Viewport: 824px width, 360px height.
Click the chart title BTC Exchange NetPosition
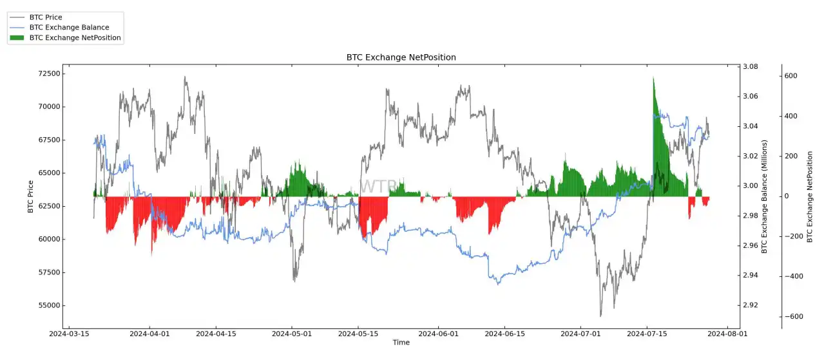click(401, 57)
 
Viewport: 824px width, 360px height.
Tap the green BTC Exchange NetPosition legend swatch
click(17, 38)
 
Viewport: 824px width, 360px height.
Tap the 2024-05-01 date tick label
click(292, 334)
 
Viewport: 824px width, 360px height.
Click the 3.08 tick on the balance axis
click(751, 67)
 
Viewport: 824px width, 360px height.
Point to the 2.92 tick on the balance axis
click(751, 305)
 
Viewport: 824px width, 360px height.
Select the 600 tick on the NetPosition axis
click(790, 76)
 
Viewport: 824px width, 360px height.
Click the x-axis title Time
click(401, 343)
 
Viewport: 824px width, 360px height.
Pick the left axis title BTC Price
click(30, 196)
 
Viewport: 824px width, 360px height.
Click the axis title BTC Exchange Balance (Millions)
click(765, 196)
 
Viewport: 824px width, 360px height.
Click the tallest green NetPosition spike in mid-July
click(653, 81)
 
